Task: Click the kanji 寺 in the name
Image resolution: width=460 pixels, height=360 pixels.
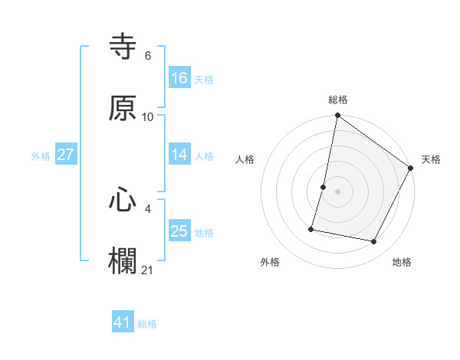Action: pos(123,47)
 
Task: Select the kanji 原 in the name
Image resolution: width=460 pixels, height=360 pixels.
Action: pos(123,108)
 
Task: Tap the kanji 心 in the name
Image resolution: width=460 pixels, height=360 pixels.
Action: pos(123,199)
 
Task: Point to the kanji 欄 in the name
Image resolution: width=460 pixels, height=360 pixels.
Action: pos(123,260)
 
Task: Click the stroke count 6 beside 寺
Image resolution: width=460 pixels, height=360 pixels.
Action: pos(148,56)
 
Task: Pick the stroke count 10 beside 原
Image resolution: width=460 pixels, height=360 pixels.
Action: pos(148,116)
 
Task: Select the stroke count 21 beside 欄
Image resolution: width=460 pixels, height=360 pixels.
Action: pos(148,270)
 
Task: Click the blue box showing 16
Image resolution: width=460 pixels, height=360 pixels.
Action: pos(179,78)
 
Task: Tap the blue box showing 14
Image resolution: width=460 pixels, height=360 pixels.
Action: pos(179,155)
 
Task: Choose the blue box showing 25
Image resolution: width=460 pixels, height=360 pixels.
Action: pos(179,231)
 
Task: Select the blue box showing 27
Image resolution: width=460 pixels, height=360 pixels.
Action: pos(66,155)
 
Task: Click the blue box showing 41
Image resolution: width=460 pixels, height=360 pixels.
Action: pos(123,323)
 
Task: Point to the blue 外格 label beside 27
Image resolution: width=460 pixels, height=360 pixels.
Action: pos(41,155)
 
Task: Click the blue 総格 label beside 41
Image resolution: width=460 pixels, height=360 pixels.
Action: pos(147,324)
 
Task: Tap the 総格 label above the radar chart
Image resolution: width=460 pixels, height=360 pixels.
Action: pos(338,100)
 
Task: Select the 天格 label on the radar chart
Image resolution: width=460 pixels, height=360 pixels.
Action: pos(431,159)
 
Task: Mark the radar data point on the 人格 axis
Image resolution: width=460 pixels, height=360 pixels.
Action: pos(324,187)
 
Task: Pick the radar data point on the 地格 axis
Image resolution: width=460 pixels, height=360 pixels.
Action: pos(374,242)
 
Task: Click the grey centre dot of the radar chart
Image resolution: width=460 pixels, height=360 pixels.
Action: pos(338,191)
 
